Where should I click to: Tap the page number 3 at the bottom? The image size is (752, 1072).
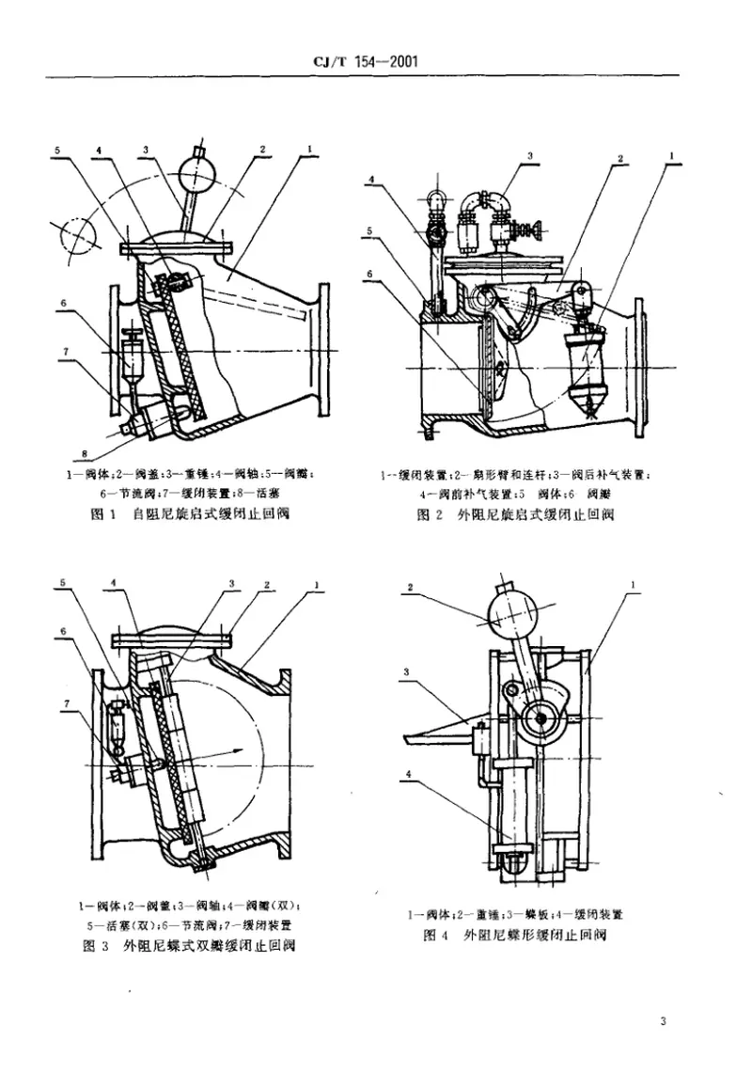663,1022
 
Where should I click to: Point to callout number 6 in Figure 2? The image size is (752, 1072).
372,272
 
